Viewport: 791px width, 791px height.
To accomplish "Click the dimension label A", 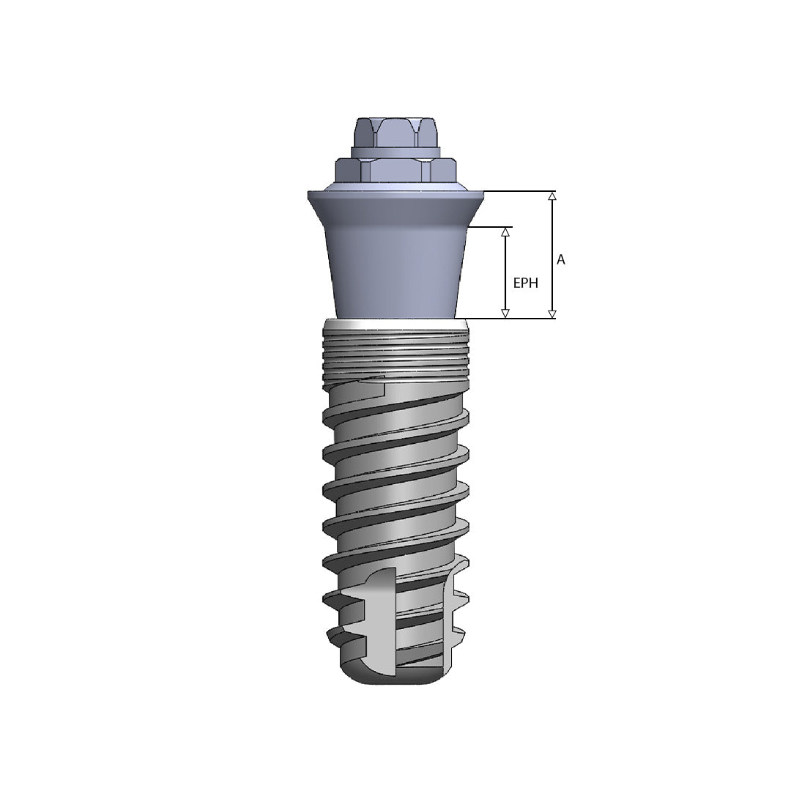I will point(561,259).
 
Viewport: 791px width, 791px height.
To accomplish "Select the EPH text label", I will point(525,283).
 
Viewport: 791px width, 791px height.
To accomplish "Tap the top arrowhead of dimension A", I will point(552,196).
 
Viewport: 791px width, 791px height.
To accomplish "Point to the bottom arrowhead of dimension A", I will point(552,314).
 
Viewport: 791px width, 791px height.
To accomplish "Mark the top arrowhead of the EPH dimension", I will point(505,231).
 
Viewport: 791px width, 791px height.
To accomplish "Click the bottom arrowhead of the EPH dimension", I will point(505,313).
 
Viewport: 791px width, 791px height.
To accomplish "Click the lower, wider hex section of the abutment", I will point(395,171).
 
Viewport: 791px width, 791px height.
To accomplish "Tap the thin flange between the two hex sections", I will point(395,152).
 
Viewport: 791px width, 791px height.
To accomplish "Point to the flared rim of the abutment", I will point(395,199).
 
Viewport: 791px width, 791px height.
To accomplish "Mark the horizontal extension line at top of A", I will point(520,191).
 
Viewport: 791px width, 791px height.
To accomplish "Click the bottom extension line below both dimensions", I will point(513,319).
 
